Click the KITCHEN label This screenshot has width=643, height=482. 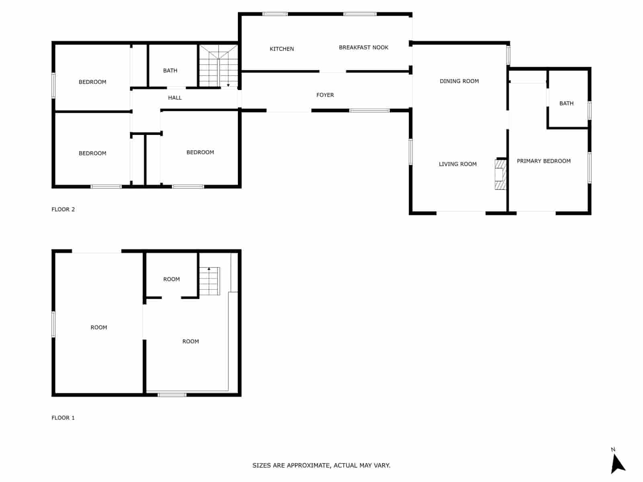point(281,49)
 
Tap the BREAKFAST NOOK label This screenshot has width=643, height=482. point(363,47)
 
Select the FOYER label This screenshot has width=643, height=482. point(325,95)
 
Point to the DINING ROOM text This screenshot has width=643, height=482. point(459,81)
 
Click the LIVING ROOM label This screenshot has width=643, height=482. point(457,164)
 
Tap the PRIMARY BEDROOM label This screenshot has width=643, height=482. point(543,161)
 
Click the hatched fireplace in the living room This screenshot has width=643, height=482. point(500,174)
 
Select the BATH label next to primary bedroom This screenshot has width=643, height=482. point(566,104)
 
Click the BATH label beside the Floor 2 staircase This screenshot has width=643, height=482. point(170,71)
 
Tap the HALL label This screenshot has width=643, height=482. point(174,98)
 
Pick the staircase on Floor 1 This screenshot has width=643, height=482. point(209,281)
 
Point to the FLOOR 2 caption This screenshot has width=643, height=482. point(63,209)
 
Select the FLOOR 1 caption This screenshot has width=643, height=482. point(63,418)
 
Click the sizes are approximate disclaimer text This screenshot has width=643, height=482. point(321,466)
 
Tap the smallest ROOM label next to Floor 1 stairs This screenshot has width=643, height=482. point(171,279)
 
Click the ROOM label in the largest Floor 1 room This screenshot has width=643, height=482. point(98,327)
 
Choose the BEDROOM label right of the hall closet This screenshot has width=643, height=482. point(200,152)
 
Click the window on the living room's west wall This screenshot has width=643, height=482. point(410,151)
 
